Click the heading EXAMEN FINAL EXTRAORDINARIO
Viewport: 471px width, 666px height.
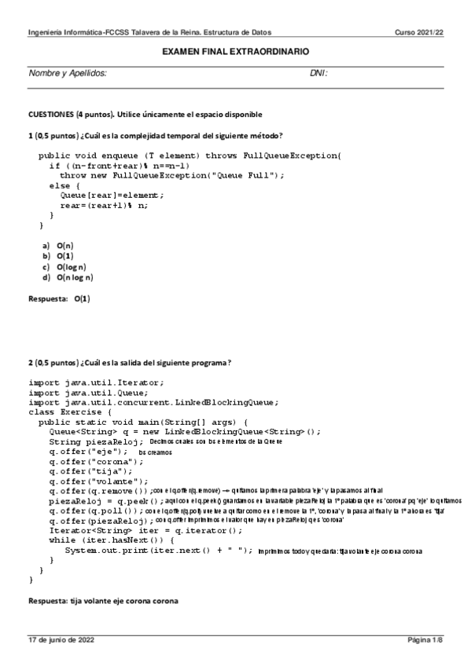(235, 51)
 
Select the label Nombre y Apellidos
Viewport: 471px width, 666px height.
(68, 73)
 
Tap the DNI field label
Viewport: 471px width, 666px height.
(318, 73)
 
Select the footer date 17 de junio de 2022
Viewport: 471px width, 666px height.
(62, 641)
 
